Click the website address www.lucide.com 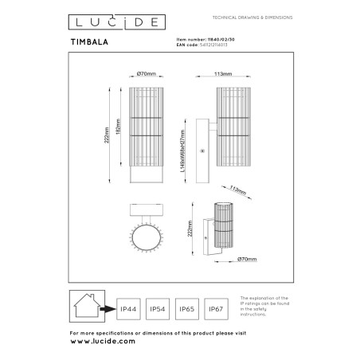104,340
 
